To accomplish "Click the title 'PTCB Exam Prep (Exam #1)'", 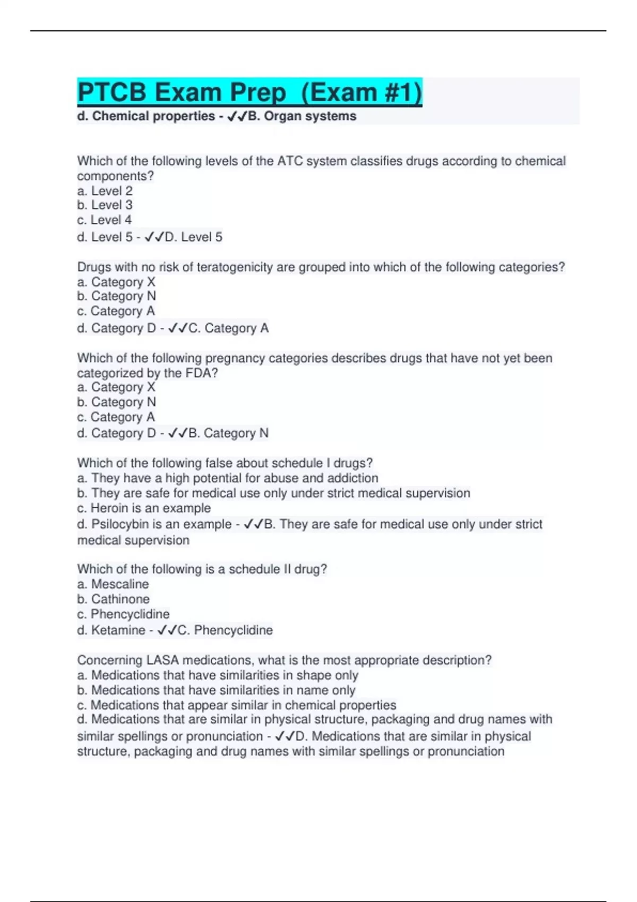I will (249, 92).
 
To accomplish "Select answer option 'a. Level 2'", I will (105, 191).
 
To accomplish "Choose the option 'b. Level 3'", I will (105, 205).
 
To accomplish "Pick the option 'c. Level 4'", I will (104, 220).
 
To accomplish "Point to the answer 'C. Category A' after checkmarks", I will (229, 328).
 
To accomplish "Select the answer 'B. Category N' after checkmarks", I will (229, 433).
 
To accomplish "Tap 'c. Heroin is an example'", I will (144, 508).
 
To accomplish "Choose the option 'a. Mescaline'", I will (113, 584).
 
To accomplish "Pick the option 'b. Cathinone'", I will (113, 599).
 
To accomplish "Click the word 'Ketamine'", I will (118, 630).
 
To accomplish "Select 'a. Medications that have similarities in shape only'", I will (218, 675).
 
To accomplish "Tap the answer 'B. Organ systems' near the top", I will (302, 116).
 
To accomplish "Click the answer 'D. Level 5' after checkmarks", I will (193, 237).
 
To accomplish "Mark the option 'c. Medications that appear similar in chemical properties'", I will (237, 705).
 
